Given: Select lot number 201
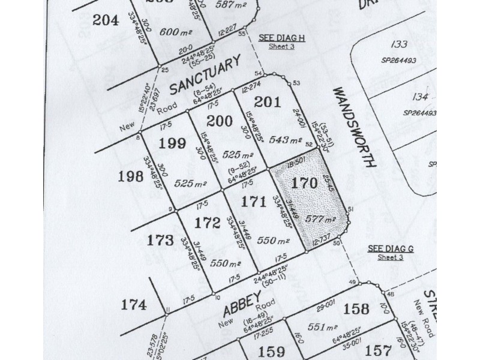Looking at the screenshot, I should [x=268, y=102].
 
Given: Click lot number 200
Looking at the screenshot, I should [x=220, y=121].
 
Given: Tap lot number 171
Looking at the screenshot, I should [x=254, y=202].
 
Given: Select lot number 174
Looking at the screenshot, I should [x=133, y=305].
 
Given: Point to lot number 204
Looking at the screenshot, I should [x=106, y=19].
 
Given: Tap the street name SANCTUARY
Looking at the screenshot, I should [x=204, y=76].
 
